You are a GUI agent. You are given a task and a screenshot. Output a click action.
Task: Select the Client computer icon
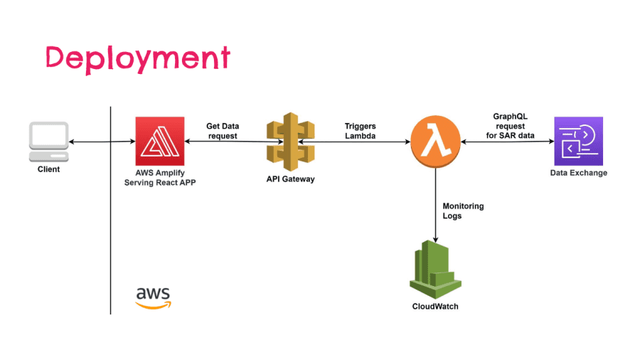click(49, 142)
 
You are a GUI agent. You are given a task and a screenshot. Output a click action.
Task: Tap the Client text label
click(49, 169)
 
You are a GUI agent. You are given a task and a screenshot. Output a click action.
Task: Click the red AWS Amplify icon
click(160, 141)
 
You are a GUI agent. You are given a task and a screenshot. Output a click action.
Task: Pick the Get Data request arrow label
click(222, 130)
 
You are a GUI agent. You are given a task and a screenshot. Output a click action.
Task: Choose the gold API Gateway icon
click(285, 141)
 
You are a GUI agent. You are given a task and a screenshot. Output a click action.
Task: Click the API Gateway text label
click(285, 179)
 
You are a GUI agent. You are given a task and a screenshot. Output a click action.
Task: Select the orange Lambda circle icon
click(435, 141)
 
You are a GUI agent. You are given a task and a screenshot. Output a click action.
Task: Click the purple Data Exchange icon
click(578, 141)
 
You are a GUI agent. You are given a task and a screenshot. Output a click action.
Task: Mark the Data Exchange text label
click(579, 173)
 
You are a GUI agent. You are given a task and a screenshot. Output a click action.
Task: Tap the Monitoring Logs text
click(462, 211)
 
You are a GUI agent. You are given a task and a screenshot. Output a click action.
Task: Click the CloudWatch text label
click(435, 307)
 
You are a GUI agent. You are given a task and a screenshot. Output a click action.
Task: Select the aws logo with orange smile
click(153, 297)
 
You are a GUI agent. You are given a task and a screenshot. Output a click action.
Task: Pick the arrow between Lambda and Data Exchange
click(506, 142)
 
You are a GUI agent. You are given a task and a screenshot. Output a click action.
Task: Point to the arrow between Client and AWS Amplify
click(102, 142)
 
